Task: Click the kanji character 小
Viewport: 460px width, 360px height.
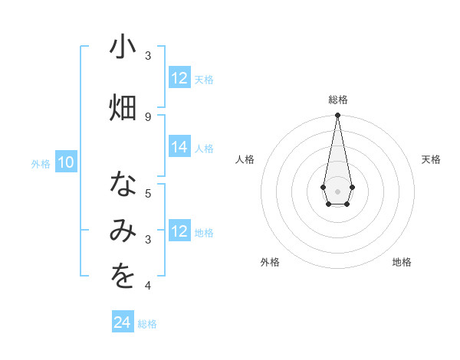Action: coord(123,47)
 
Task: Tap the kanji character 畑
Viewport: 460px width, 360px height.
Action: coord(123,107)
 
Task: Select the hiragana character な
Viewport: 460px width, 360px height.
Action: coord(123,185)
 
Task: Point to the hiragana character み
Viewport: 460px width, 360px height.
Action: coord(123,232)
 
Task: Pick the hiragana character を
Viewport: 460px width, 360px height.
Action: coord(123,277)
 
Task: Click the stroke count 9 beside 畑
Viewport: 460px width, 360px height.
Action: coord(148,116)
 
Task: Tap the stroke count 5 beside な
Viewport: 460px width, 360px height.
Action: coord(148,193)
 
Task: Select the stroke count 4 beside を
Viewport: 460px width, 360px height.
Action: coord(148,286)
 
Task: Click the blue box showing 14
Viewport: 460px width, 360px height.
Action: coord(179,147)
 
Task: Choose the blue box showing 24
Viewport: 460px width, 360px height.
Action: coord(123,322)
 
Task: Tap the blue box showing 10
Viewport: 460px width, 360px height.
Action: coord(66,162)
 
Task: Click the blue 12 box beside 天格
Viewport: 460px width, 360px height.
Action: coord(179,78)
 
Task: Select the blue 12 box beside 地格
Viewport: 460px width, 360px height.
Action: coord(179,231)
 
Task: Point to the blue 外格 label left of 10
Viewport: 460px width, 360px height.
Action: coord(40,163)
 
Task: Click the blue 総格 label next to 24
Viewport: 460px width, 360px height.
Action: coord(147,324)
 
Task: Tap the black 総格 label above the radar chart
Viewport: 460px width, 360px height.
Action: coord(337,100)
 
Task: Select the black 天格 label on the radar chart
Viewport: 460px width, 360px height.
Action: coord(431,159)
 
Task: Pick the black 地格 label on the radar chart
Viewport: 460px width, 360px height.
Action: coord(402,262)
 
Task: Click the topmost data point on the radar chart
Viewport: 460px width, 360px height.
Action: coord(337,116)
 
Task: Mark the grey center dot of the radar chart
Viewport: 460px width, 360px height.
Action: coord(337,190)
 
